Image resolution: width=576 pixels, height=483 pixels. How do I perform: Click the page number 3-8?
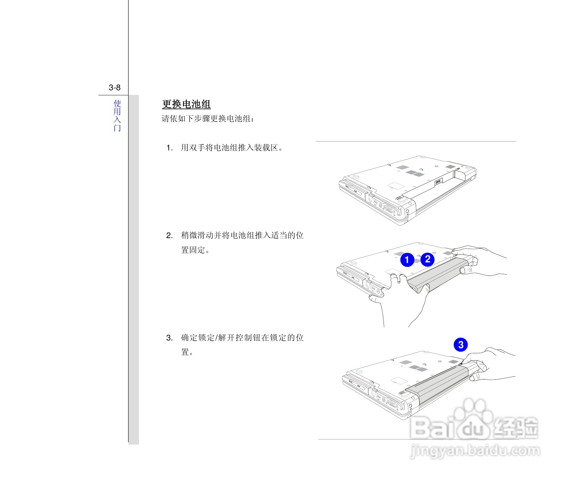pyautogui.click(x=115, y=88)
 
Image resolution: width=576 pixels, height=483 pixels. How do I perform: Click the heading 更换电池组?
pyautogui.click(x=186, y=104)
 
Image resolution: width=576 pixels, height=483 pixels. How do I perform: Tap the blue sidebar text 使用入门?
pyautogui.click(x=117, y=115)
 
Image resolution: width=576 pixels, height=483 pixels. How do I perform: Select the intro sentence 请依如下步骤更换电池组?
pyautogui.click(x=208, y=119)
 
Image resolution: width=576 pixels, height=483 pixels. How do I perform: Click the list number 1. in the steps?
pyautogui.click(x=170, y=148)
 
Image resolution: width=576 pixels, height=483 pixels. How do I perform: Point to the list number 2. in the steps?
pyautogui.click(x=170, y=236)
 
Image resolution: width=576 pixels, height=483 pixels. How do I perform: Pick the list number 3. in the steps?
pyautogui.click(x=170, y=338)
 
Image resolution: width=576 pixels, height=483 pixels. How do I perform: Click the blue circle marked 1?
pyautogui.click(x=407, y=260)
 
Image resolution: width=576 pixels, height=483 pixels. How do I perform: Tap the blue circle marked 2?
pyautogui.click(x=428, y=259)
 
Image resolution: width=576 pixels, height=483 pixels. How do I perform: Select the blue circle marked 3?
pyautogui.click(x=461, y=345)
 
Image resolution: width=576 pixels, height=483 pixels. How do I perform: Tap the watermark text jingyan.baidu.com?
pyautogui.click(x=475, y=451)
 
